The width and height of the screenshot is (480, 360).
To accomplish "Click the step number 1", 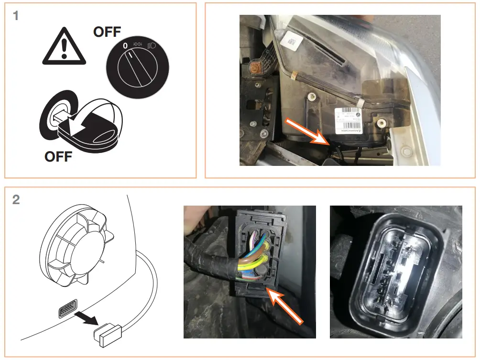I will tap(16, 16).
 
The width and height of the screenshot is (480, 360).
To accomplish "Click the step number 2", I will tap(16, 199).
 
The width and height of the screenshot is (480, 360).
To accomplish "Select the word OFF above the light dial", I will tap(107, 32).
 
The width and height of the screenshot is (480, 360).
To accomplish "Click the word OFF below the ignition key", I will tap(58, 156).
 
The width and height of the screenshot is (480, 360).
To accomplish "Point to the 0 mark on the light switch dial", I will tap(125, 46).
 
